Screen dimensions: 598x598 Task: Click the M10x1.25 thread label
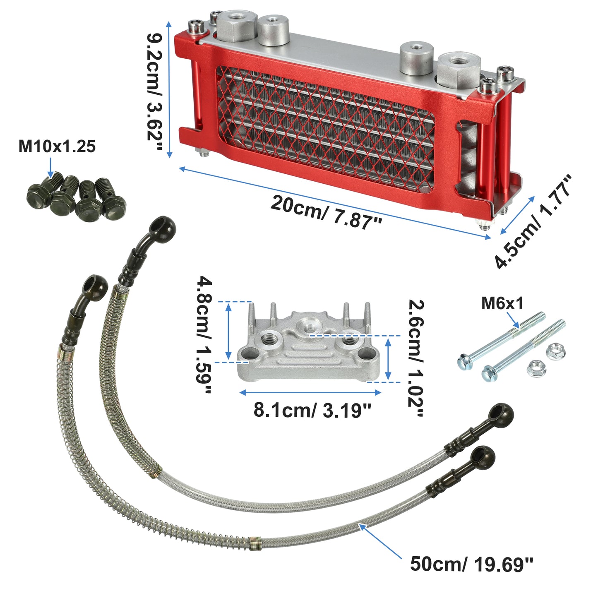(57, 146)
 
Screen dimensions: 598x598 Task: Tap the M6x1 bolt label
(502, 303)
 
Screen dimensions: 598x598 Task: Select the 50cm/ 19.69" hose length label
(472, 564)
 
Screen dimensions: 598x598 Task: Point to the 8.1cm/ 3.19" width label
(312, 410)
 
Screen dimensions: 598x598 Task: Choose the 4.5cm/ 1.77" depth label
(533, 221)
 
